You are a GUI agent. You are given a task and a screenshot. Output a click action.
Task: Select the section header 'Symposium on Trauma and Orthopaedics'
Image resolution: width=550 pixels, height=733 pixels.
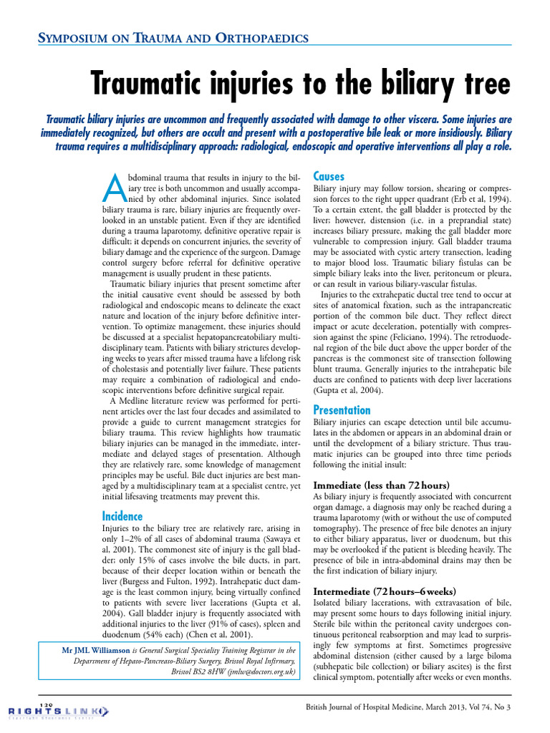click(x=173, y=37)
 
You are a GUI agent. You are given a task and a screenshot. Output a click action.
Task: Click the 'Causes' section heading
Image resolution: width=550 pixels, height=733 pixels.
click(x=329, y=176)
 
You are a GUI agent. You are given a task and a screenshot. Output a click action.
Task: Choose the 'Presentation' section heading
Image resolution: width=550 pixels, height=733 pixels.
click(x=342, y=410)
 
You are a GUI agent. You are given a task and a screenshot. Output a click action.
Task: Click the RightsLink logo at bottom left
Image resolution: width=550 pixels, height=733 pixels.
click(x=54, y=711)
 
